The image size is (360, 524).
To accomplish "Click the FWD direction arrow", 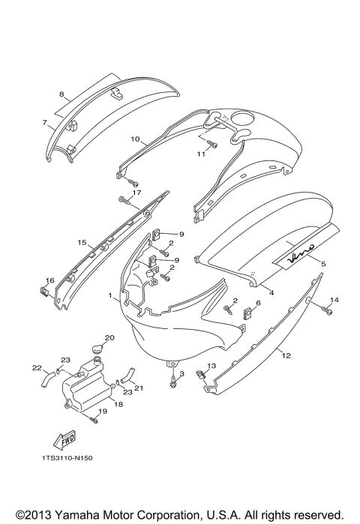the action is (64, 440).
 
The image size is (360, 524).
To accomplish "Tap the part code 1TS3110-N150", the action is (67, 458).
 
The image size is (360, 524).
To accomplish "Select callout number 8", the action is (61, 94).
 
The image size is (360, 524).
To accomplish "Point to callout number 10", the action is (135, 139).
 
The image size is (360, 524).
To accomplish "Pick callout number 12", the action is (286, 355).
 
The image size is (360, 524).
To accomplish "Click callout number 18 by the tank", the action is (118, 404).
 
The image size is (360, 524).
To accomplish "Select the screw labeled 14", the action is (327, 311).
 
